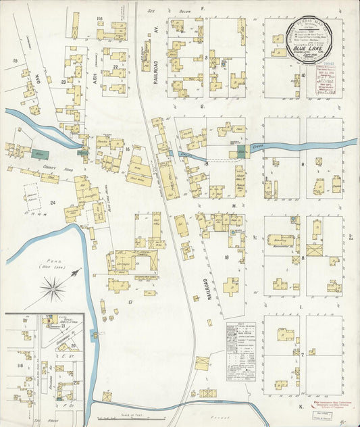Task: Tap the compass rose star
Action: tap(53, 289)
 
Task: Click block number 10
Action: tap(304, 75)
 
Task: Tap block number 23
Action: tap(63, 82)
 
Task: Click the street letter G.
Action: tap(201, 106)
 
